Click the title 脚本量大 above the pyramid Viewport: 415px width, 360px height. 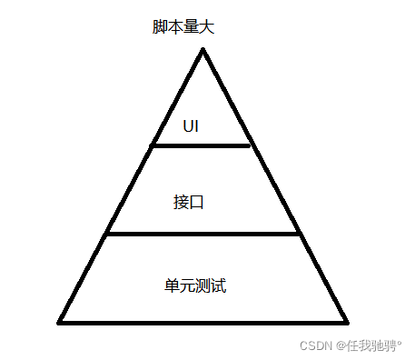(183, 26)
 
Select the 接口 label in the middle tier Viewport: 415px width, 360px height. (188, 202)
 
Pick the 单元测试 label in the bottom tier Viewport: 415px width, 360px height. (194, 285)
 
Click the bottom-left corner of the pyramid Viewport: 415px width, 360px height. (60, 321)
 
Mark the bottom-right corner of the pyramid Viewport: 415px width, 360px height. (346, 321)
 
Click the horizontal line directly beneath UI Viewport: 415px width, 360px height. (200, 145)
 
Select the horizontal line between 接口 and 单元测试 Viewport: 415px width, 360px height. (203, 235)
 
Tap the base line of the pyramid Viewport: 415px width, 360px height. (203, 321)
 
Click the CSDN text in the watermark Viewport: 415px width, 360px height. (314, 345)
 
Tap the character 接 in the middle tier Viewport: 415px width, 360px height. (181, 202)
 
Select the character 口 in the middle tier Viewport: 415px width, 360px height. (196, 202)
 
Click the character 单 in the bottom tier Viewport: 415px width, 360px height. (172, 285)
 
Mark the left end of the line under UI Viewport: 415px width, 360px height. (153, 145)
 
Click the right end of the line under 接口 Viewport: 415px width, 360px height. (300, 235)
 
